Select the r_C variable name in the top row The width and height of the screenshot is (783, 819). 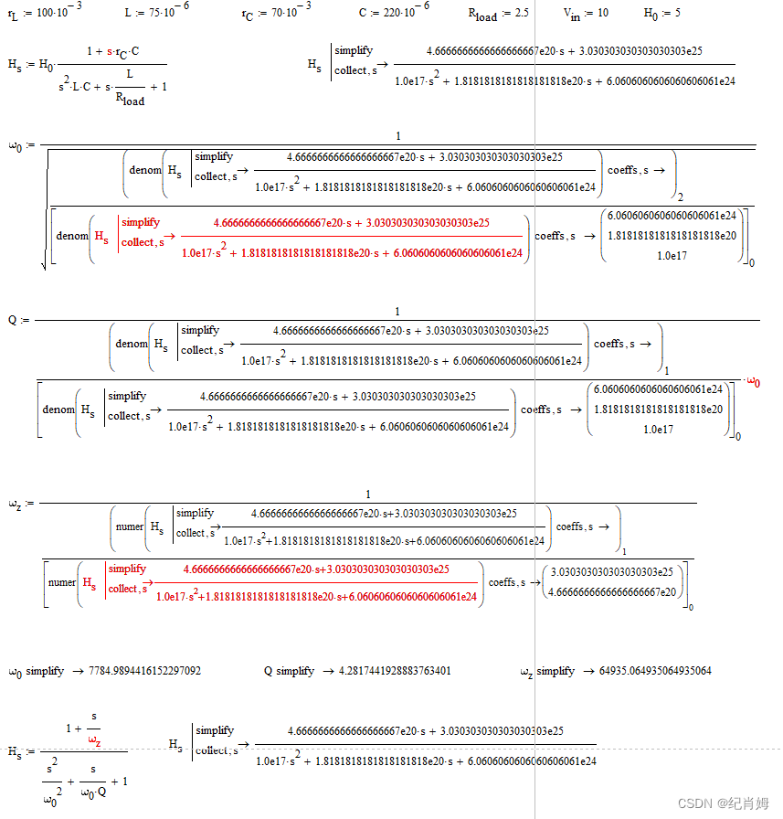coord(248,16)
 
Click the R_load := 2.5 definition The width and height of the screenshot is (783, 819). coord(498,16)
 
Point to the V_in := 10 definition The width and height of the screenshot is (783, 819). coord(586,16)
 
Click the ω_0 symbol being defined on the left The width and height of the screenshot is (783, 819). coord(14,145)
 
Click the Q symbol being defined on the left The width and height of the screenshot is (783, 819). coord(13,320)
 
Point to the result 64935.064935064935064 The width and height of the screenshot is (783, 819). coord(655,671)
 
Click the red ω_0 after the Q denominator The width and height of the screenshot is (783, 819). coord(754,382)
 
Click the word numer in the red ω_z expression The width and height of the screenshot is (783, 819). coord(62,581)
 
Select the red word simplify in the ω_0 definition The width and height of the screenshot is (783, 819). coord(140,222)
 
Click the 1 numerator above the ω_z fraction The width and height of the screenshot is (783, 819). coord(368,495)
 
